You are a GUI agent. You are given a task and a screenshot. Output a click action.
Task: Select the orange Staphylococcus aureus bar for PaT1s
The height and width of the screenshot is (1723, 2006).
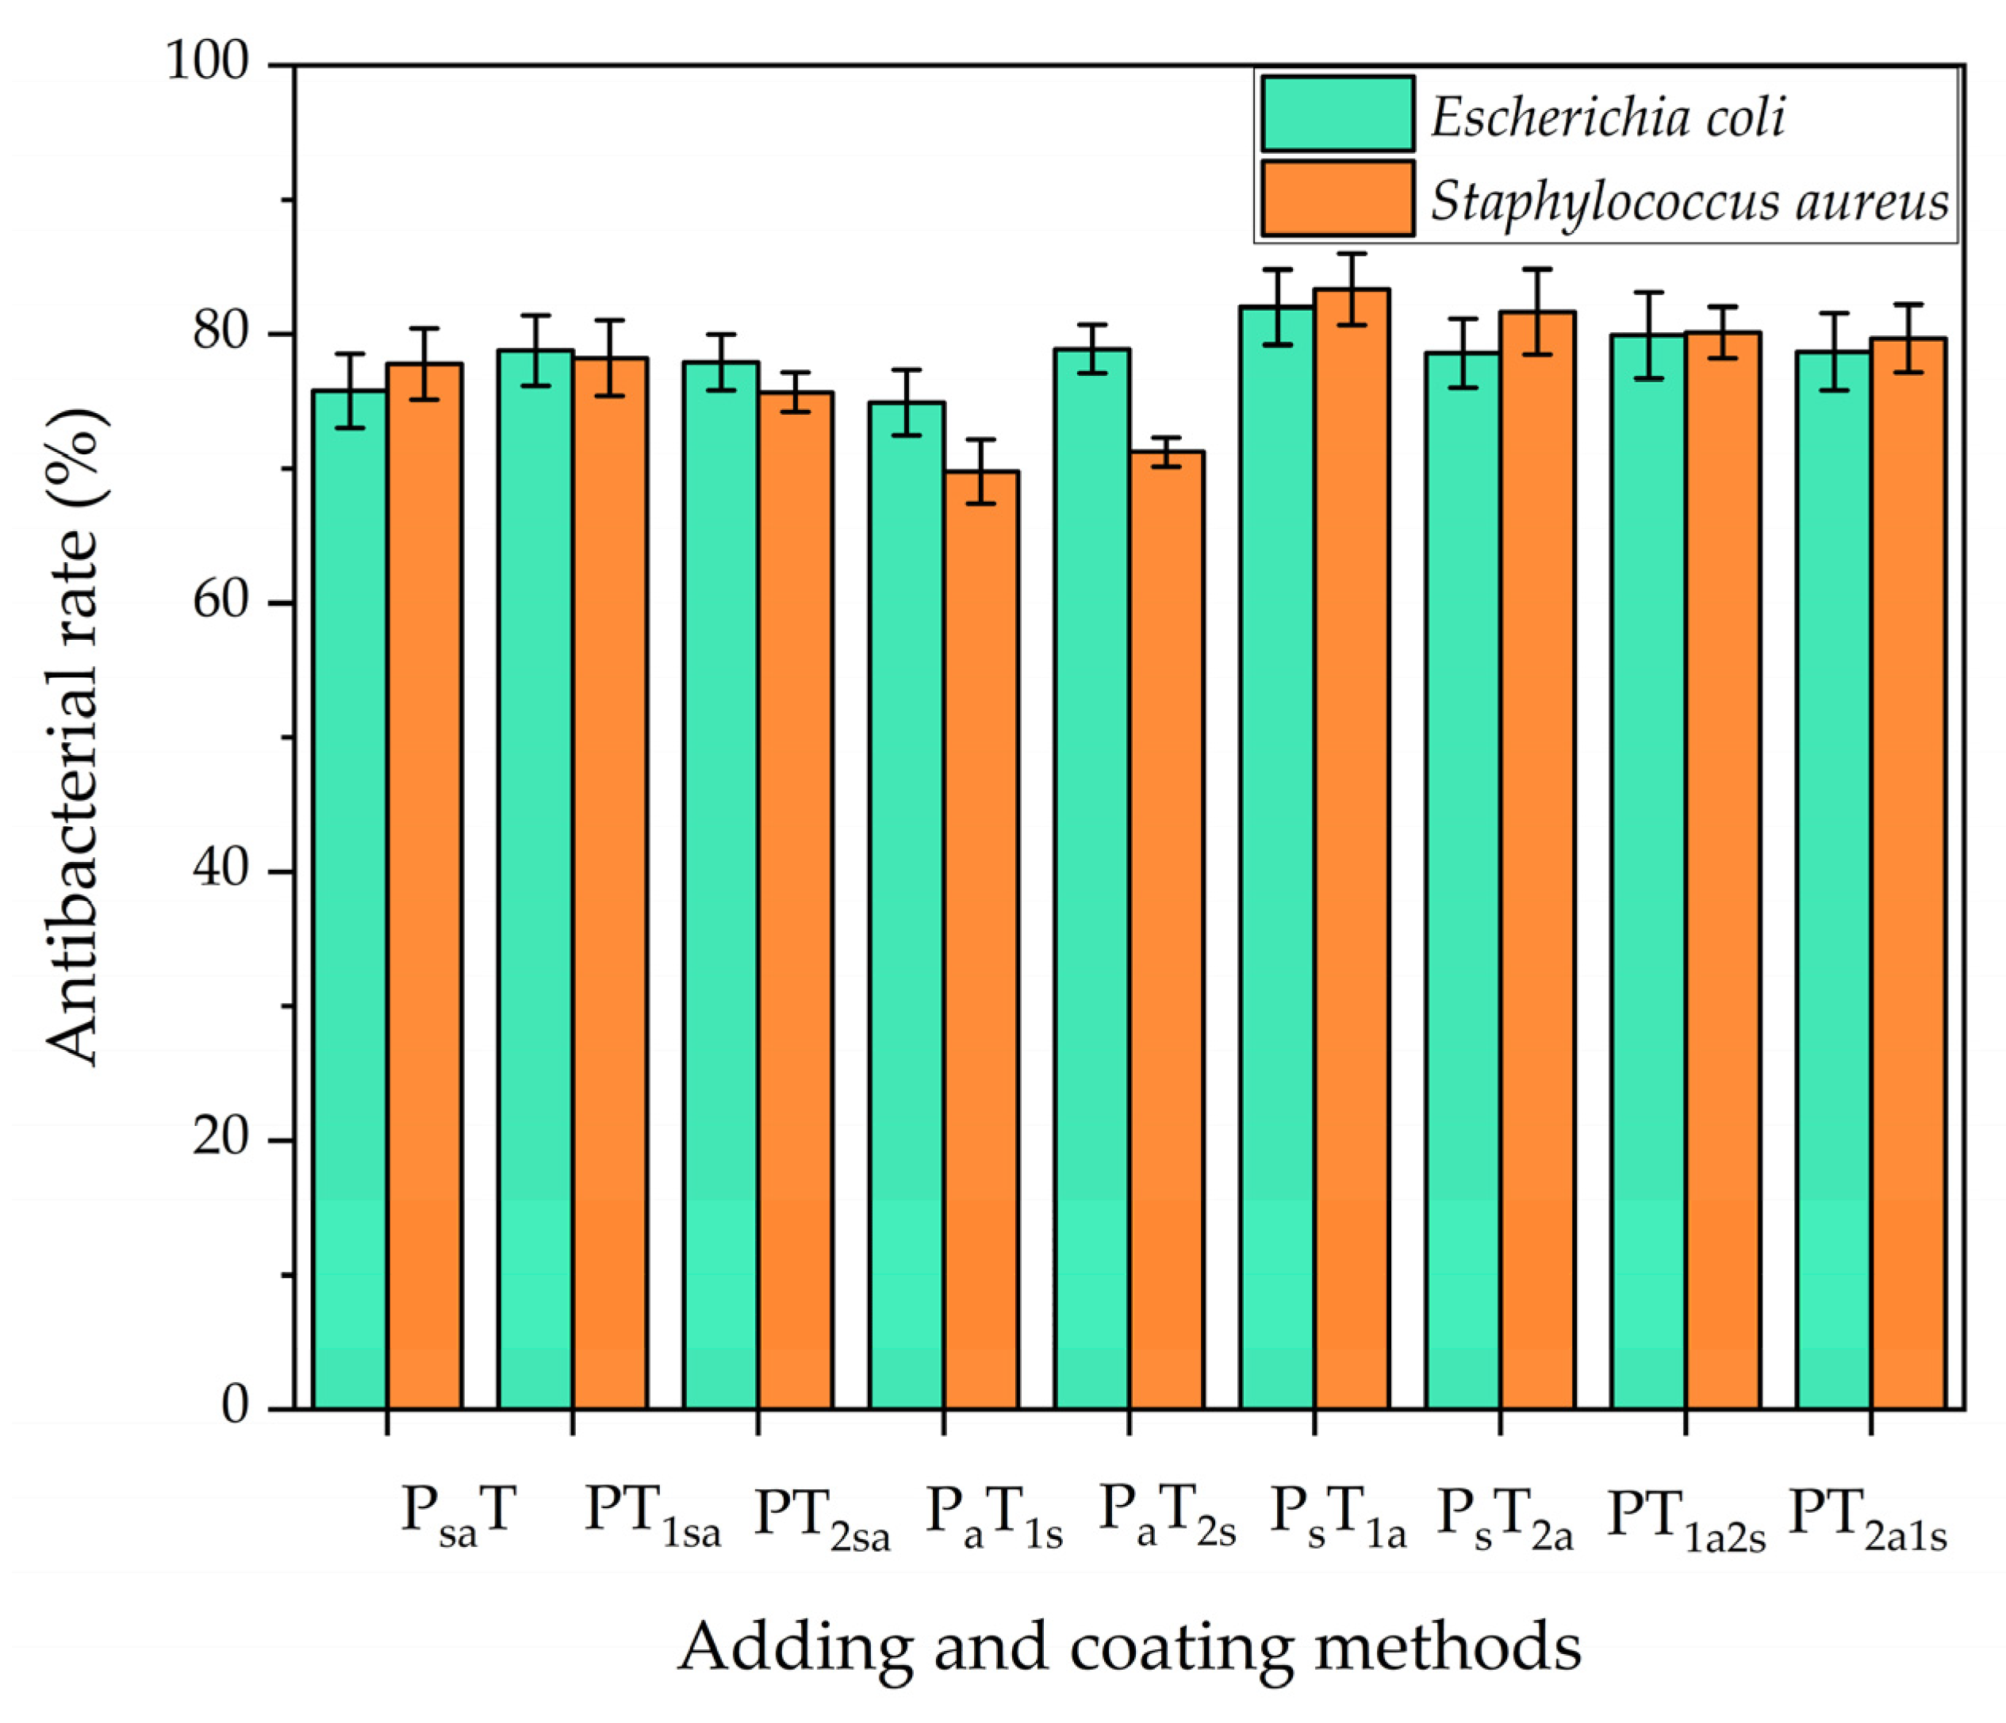coord(980,939)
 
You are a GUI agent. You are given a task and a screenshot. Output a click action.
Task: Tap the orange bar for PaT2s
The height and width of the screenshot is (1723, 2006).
coord(1167,929)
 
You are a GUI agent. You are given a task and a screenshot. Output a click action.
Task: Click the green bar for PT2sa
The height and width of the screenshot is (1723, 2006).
coord(720,885)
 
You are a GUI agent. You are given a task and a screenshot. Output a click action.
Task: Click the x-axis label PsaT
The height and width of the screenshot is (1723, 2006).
coord(457,1512)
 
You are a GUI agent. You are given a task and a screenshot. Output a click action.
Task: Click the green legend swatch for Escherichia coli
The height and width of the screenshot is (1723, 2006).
coord(1337,114)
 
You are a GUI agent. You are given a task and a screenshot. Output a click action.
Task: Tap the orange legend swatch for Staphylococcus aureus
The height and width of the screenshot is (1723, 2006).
coord(1337,197)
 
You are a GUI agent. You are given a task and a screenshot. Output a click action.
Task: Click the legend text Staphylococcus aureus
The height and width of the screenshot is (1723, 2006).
coord(1690,201)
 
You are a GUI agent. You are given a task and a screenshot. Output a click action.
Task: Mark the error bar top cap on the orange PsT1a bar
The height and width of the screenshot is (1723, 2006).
coord(1352,254)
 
